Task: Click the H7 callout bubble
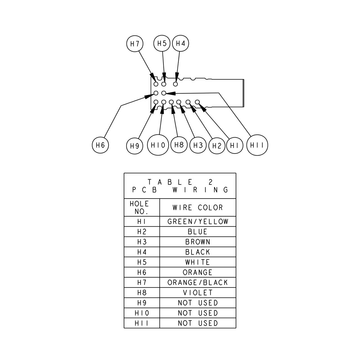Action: coord(135,44)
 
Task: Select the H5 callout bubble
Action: coord(162,43)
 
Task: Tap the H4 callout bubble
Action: coord(180,43)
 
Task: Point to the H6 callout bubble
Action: coord(100,145)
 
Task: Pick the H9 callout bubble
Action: coord(135,146)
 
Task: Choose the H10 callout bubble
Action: coord(158,145)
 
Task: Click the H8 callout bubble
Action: coord(179,145)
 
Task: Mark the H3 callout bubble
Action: coord(198,145)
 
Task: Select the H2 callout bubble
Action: coord(217,146)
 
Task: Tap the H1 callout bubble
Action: coord(235,145)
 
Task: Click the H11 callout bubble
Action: coord(257,145)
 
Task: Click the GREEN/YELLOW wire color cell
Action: coord(198,222)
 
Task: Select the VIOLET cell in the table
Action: coord(198,293)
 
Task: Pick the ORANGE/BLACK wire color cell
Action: coord(198,283)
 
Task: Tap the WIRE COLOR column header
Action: coord(198,208)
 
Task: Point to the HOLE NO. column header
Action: coord(142,208)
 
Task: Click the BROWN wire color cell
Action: coord(198,242)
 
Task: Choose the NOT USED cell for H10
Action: coord(198,313)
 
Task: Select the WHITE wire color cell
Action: coord(198,262)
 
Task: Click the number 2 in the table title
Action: coord(211,182)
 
